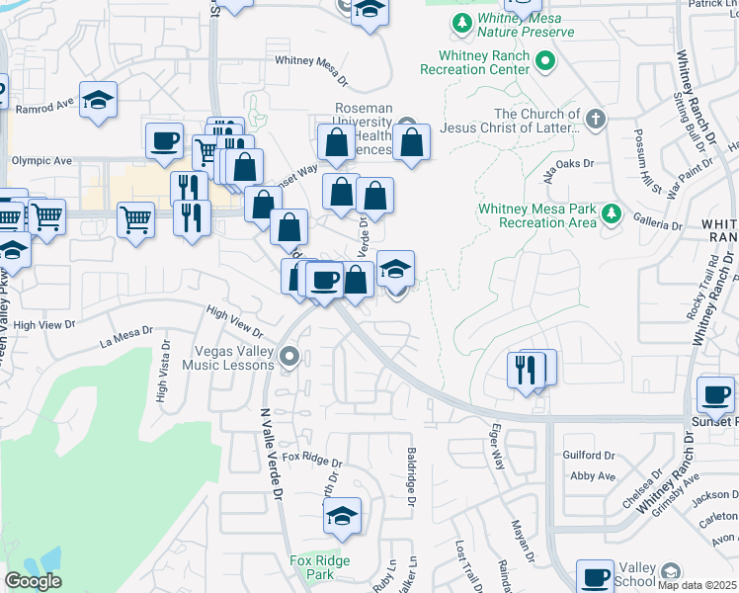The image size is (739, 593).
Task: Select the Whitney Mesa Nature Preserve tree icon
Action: click(x=461, y=22)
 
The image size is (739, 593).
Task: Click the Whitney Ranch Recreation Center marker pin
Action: click(x=544, y=63)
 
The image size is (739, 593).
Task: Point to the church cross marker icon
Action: click(x=594, y=120)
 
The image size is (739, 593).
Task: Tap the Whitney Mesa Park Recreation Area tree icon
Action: click(x=612, y=214)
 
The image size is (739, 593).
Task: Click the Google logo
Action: click(x=33, y=581)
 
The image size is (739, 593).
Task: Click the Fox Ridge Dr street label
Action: click(x=312, y=462)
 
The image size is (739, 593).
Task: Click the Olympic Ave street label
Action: click(x=41, y=160)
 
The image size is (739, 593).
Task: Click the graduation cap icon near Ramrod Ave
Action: click(x=99, y=100)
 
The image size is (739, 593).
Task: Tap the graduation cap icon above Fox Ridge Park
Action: click(x=342, y=515)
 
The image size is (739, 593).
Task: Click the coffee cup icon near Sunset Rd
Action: click(x=715, y=395)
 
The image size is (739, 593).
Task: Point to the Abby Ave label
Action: click(x=593, y=475)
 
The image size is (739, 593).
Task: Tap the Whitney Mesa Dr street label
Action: click(x=311, y=60)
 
